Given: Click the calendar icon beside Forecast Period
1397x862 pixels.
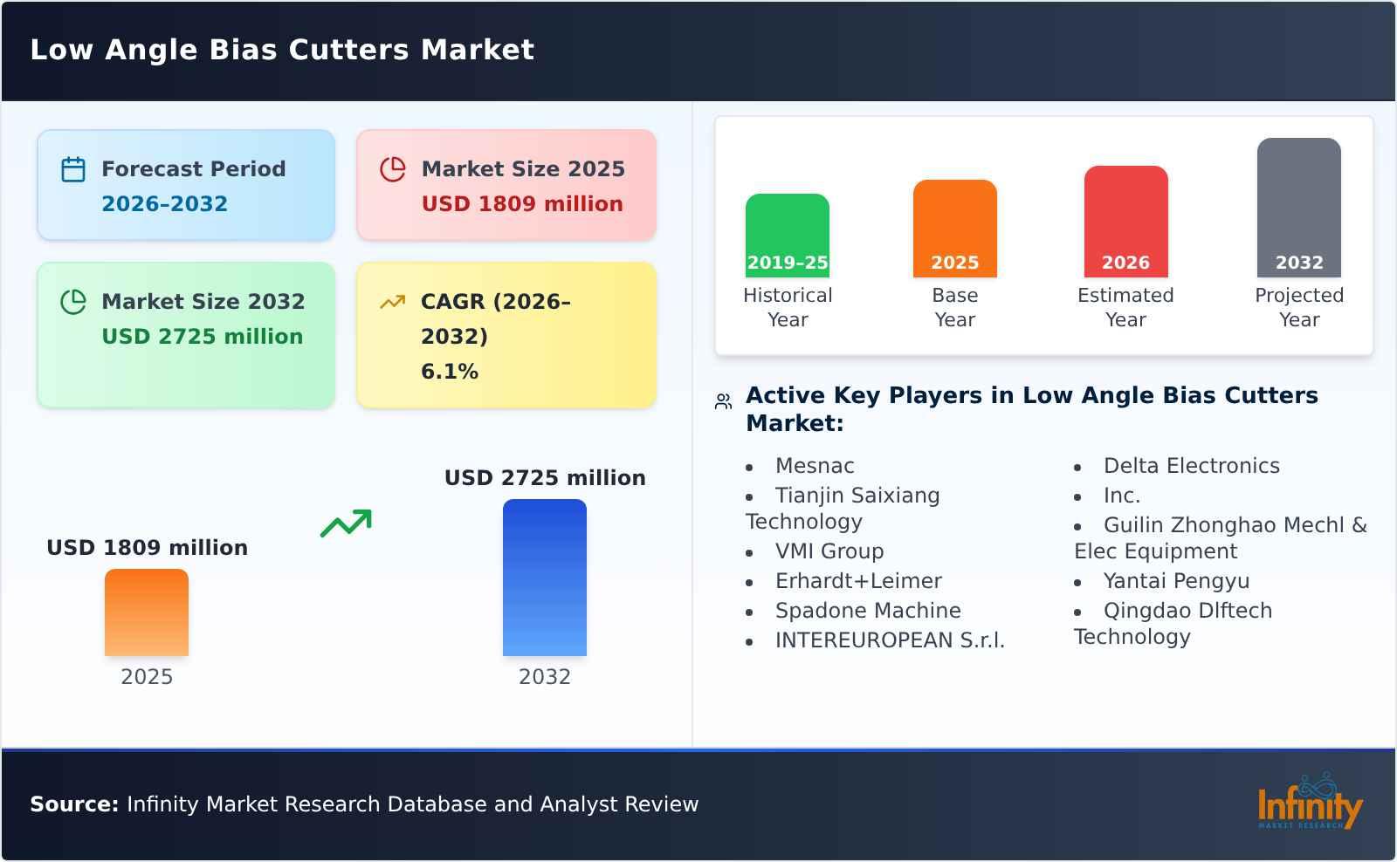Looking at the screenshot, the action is click(73, 169).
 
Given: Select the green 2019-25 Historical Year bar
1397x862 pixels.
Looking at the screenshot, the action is click(787, 236).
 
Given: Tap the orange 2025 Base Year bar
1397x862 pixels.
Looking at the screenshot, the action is click(955, 229).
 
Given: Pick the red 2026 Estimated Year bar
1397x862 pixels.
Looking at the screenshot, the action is click(1125, 222).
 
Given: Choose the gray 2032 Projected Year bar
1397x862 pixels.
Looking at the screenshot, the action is click(1299, 208).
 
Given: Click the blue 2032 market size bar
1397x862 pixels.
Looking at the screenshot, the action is click(545, 578).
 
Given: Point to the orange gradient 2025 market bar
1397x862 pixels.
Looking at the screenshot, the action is click(147, 612).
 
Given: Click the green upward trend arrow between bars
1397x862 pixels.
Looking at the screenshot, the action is click(346, 523).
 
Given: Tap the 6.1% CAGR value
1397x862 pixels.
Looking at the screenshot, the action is click(450, 372).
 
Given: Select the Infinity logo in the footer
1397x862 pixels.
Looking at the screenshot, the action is click(1310, 802).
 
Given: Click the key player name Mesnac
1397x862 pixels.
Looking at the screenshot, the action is click(815, 466).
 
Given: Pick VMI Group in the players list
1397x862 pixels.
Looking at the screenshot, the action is click(829, 551).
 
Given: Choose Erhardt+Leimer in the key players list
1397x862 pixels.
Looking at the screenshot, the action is click(858, 581).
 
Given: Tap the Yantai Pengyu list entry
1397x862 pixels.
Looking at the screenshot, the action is click(1176, 581).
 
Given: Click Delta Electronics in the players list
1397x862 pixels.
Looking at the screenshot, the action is click(1191, 466).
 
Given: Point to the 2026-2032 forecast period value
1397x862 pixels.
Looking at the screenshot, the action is click(165, 204).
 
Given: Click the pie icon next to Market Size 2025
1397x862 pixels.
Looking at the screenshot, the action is click(393, 169).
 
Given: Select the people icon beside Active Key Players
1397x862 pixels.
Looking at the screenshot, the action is click(723, 401).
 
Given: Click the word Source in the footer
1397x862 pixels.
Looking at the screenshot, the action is click(73, 804).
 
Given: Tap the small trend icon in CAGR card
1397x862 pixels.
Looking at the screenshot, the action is click(393, 302).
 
